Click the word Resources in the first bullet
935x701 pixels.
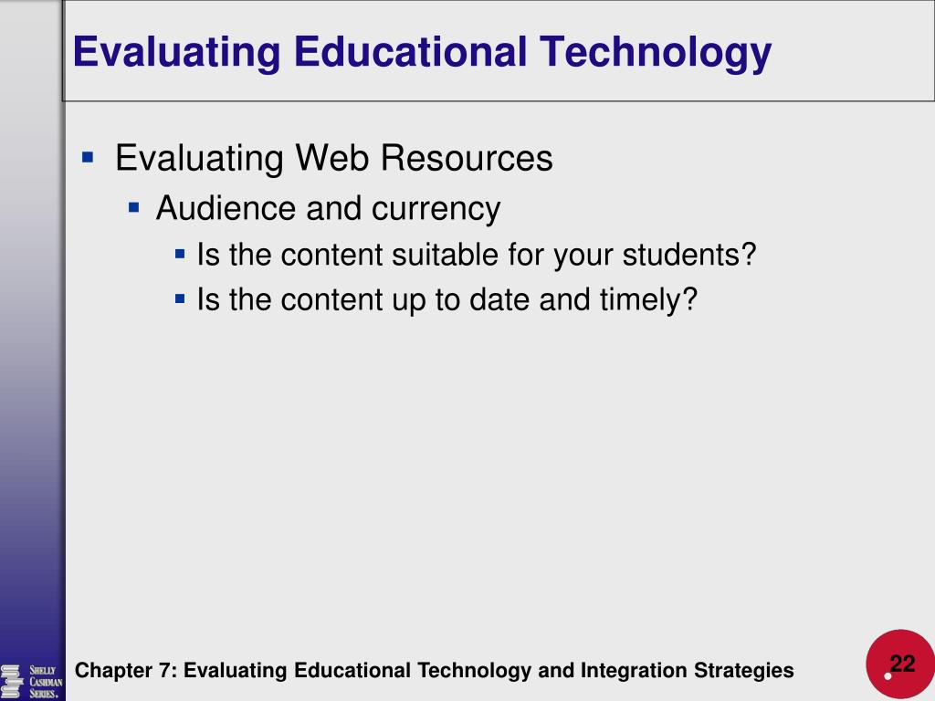(467, 158)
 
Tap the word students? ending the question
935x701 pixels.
(689, 255)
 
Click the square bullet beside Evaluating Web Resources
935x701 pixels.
(88, 158)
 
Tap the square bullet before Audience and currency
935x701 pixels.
(133, 208)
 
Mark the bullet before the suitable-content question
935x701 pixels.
(180, 255)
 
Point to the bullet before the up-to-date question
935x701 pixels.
(180, 299)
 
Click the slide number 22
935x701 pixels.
(902, 664)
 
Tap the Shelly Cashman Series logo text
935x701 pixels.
(46, 682)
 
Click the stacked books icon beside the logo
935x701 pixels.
(12, 682)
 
